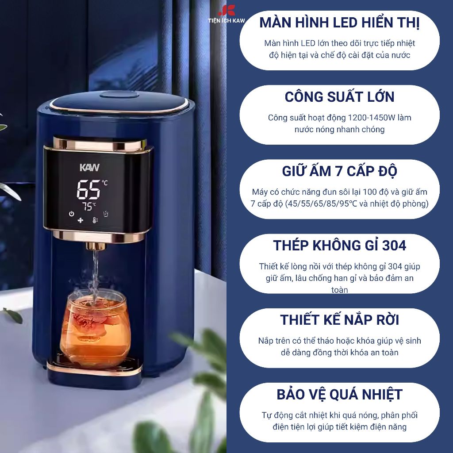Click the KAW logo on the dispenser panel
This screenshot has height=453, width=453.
89,168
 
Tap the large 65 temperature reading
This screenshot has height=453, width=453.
88,189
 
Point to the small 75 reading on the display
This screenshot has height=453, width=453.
87,206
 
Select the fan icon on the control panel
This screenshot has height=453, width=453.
81,220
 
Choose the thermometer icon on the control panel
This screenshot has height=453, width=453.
95,220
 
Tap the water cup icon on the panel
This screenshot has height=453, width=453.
106,214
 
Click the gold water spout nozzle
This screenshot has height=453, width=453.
96,246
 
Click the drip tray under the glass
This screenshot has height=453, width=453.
95,366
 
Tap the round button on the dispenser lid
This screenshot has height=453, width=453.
119,96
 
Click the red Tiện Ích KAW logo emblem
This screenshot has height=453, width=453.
227,11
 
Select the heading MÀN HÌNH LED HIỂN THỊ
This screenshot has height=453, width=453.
339,23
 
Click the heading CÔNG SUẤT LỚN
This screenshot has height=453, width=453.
339,97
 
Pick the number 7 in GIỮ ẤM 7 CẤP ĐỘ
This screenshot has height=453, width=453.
338,171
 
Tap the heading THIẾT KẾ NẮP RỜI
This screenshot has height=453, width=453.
339,320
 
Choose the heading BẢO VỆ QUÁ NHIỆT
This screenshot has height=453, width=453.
339,395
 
